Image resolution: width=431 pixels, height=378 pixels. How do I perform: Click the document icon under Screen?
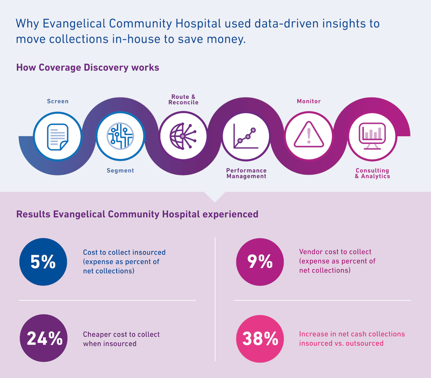[58, 136]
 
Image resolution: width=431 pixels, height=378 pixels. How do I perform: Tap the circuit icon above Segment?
[120, 136]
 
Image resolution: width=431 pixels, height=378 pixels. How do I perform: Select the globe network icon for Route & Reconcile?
[183, 136]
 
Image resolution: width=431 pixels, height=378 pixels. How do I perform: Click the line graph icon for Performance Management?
[246, 136]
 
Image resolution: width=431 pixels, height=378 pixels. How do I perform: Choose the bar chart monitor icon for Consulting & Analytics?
[372, 135]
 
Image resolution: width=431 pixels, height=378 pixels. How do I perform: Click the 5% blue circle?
[43, 262]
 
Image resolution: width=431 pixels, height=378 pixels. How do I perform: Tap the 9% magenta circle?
[260, 262]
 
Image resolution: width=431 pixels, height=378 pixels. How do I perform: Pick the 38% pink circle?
[260, 338]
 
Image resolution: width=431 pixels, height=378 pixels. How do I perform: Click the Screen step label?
[58, 101]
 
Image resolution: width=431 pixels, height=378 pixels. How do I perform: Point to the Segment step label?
[120, 170]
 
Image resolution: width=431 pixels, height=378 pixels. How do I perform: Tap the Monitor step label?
[309, 101]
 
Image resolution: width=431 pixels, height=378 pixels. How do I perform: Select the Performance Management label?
[246, 173]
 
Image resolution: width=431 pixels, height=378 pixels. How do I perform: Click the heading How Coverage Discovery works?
[88, 67]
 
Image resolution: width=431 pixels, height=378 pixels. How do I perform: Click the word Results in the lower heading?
[33, 214]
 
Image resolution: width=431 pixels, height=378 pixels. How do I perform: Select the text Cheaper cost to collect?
[121, 335]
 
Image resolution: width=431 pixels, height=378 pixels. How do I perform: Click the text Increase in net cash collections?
[352, 334]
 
